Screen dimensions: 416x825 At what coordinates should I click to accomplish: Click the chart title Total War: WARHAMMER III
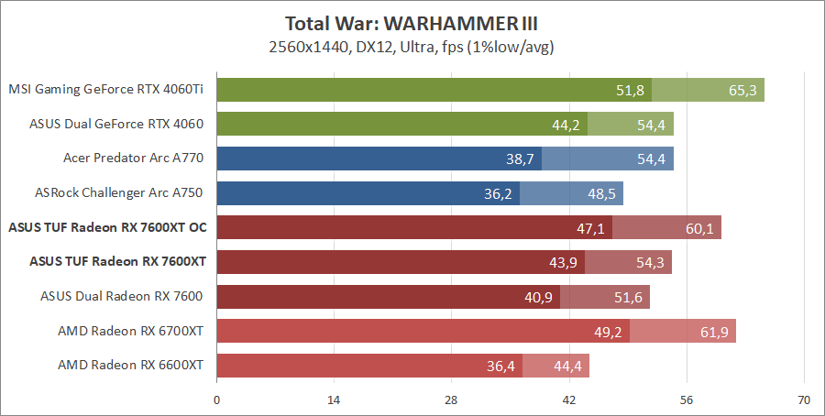click(x=412, y=23)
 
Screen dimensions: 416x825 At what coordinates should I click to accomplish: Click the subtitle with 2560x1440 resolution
click(x=412, y=45)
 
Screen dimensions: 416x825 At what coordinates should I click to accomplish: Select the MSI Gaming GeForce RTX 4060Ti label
click(x=105, y=90)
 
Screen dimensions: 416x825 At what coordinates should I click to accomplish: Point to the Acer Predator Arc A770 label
click(x=133, y=159)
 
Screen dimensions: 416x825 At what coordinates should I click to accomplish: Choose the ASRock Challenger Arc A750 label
click(x=118, y=192)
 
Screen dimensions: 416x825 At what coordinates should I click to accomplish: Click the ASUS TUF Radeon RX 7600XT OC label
click(x=105, y=227)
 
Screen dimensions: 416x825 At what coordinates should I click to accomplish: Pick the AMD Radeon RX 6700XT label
click(x=130, y=331)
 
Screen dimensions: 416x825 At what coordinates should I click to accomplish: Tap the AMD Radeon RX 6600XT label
click(x=130, y=366)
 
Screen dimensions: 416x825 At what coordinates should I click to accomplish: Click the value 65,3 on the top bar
click(x=742, y=90)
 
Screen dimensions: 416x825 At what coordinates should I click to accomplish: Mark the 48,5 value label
click(x=601, y=193)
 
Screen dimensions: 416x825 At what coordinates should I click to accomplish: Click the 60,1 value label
click(x=698, y=228)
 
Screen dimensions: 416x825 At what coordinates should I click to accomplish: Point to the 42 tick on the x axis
click(x=568, y=400)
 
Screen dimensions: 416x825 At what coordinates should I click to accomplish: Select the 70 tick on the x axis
click(x=804, y=400)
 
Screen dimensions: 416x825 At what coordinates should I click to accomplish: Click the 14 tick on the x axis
click(x=334, y=400)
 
